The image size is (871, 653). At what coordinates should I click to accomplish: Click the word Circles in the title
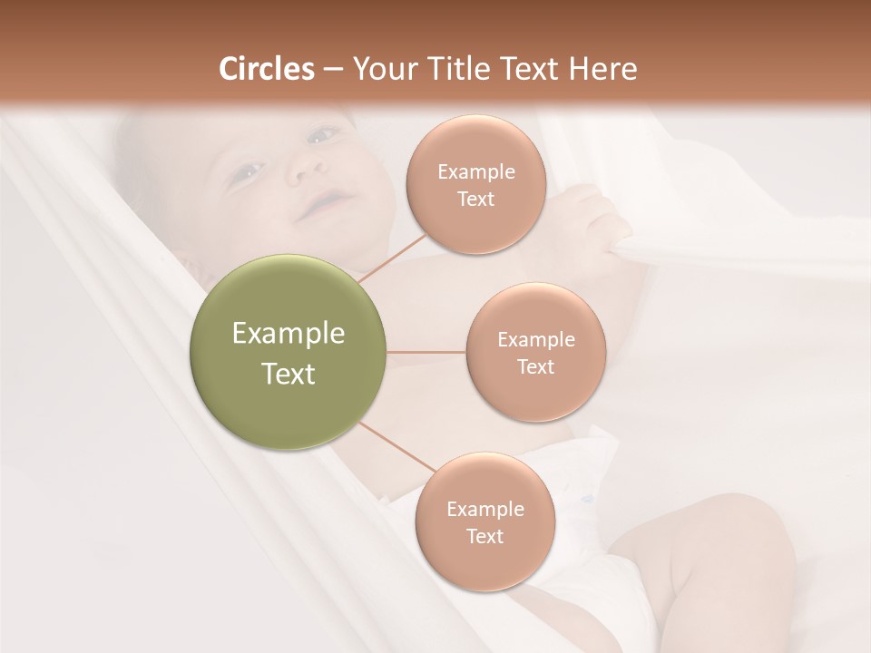266,69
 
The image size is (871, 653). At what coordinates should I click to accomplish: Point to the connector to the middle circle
426,352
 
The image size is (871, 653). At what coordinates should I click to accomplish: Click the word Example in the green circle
289,334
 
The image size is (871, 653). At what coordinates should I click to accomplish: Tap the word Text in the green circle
289,374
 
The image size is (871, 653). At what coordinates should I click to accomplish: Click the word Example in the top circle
475,172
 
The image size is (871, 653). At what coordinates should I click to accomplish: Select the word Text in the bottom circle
484,536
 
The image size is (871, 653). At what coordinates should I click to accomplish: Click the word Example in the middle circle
535,340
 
